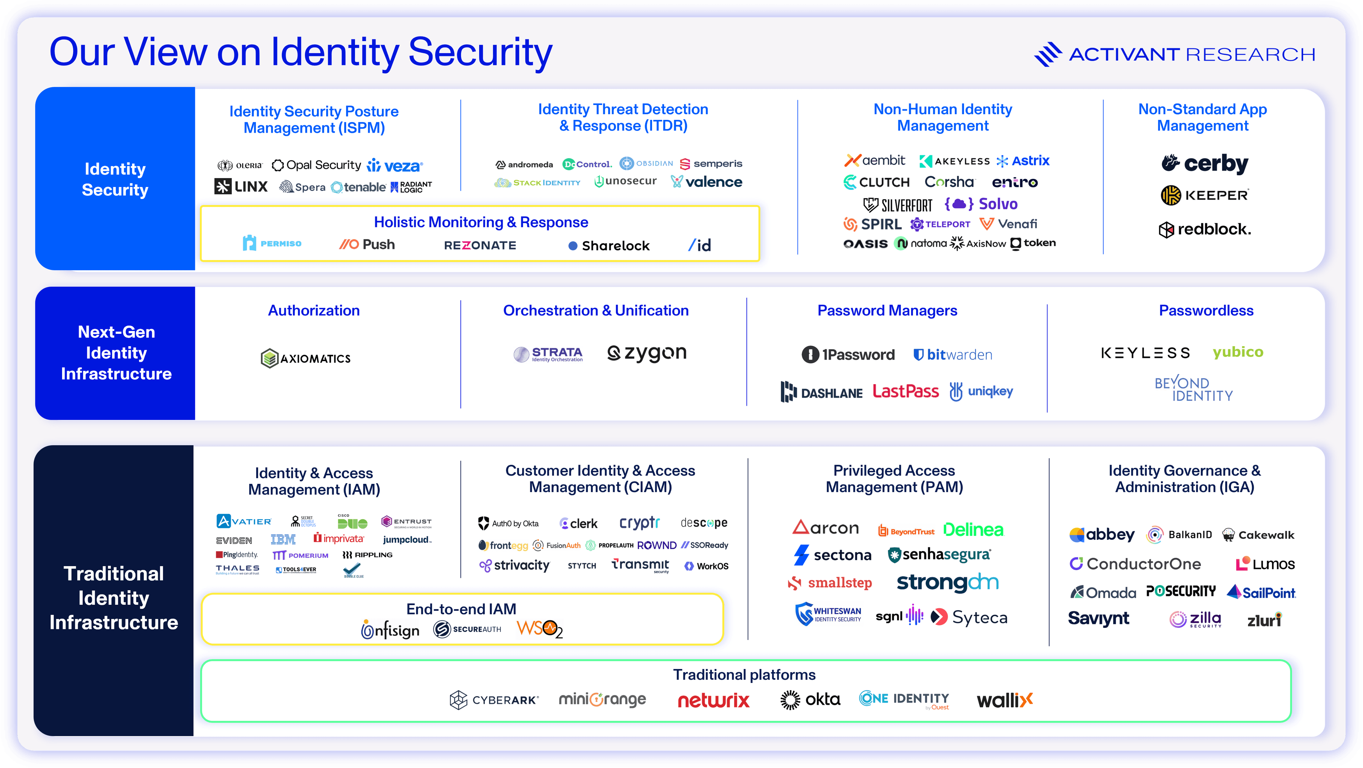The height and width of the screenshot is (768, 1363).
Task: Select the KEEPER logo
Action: click(x=1205, y=195)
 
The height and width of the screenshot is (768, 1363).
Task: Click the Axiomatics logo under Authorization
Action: click(x=306, y=358)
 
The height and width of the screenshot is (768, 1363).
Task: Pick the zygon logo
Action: click(x=647, y=353)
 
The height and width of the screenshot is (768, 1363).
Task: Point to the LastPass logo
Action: click(x=905, y=391)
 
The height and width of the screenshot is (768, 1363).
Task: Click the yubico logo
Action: click(x=1238, y=352)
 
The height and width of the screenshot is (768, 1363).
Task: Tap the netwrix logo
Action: click(x=713, y=700)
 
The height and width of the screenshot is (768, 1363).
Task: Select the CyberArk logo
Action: click(x=494, y=700)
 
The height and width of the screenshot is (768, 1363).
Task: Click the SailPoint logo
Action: click(x=1261, y=592)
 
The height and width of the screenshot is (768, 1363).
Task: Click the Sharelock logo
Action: click(x=609, y=245)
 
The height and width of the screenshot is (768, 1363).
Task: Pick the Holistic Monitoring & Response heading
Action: click(x=481, y=222)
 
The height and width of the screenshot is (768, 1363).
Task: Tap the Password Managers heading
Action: click(x=887, y=310)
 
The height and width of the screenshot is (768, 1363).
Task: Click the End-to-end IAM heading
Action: click(x=461, y=609)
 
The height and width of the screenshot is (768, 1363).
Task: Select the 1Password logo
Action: click(x=848, y=354)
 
